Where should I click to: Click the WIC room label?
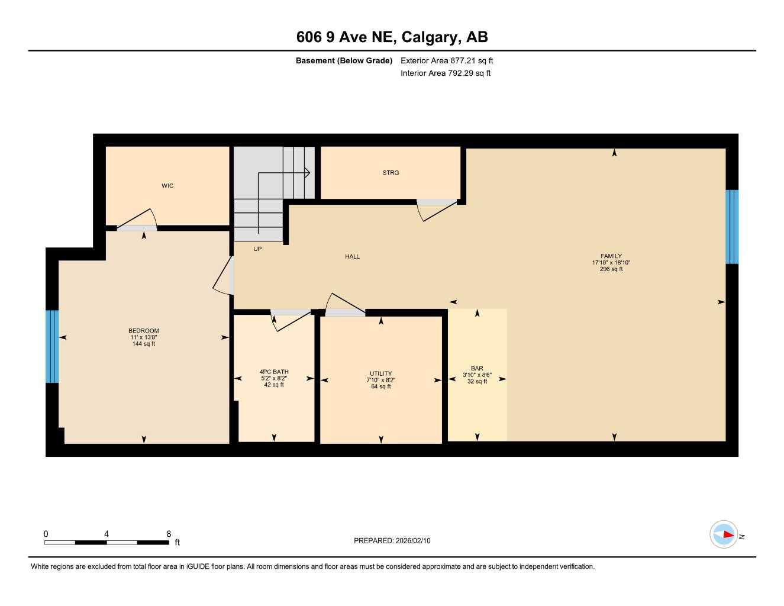click(x=167, y=186)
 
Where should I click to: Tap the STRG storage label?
click(x=391, y=173)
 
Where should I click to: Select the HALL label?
click(x=352, y=256)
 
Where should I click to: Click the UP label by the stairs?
click(x=257, y=249)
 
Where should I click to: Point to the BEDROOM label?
click(x=144, y=331)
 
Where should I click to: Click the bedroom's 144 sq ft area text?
click(x=144, y=344)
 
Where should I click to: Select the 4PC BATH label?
click(x=274, y=372)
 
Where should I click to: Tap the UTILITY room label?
click(x=380, y=373)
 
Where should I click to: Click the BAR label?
click(x=477, y=368)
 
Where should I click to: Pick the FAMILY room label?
click(x=611, y=256)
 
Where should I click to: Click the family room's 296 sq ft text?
click(x=611, y=269)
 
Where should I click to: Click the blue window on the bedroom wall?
click(x=52, y=346)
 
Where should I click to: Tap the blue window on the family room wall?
click(x=732, y=226)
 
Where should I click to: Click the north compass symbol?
click(x=724, y=534)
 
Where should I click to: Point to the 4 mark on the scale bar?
click(x=107, y=534)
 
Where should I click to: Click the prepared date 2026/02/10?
click(x=413, y=540)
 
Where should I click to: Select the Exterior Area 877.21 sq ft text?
click(x=447, y=60)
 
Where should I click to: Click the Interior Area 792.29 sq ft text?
click(x=446, y=73)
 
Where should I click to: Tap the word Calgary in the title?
click(x=430, y=37)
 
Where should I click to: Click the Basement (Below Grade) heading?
click(x=344, y=60)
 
